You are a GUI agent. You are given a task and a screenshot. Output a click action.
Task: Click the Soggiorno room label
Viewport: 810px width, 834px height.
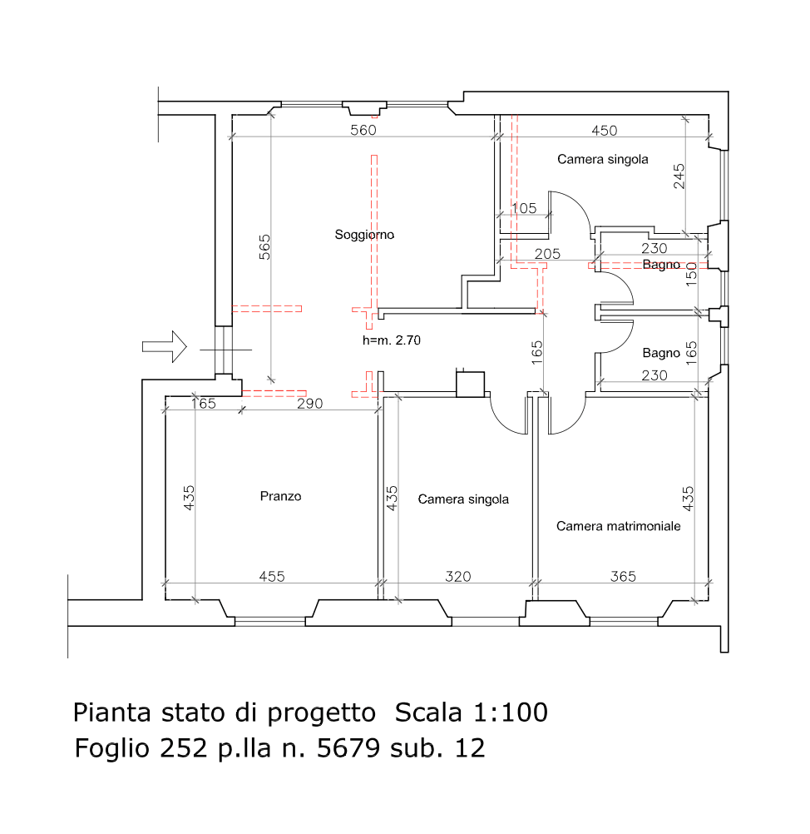(x=364, y=235)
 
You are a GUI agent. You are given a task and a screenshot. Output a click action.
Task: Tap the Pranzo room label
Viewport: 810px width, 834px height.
(x=280, y=496)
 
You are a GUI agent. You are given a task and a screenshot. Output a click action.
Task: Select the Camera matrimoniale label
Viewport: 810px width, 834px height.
(x=618, y=526)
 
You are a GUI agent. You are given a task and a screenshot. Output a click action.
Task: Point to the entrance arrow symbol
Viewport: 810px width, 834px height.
(x=164, y=347)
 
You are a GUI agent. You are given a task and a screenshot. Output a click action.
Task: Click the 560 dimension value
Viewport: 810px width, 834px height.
(x=363, y=131)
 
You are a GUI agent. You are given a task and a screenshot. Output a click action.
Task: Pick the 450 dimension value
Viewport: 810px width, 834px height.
(x=605, y=131)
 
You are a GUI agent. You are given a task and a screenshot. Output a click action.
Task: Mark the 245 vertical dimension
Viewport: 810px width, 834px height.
(x=679, y=176)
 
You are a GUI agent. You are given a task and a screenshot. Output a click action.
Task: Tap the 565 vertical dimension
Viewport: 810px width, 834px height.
(x=264, y=247)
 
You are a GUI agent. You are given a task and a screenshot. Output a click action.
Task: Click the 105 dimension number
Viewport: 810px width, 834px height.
(x=524, y=208)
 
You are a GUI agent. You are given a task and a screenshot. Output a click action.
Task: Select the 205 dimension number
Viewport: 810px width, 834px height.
(x=547, y=254)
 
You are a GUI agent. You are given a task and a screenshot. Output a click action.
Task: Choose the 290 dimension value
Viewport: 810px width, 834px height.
(x=310, y=404)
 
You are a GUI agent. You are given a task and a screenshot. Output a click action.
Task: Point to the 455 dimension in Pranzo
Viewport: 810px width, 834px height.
(x=272, y=577)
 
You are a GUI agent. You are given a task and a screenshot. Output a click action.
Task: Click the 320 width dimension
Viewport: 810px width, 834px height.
(x=457, y=577)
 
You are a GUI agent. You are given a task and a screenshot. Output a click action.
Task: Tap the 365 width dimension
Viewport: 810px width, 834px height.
(x=623, y=577)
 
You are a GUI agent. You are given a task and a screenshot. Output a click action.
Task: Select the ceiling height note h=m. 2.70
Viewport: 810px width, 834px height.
(x=392, y=340)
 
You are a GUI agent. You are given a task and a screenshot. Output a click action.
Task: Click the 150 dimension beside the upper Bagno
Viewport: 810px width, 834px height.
(x=691, y=275)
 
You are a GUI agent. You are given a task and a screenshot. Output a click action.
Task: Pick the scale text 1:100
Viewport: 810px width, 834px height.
(x=511, y=712)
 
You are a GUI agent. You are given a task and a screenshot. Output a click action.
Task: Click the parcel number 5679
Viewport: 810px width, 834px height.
(x=348, y=748)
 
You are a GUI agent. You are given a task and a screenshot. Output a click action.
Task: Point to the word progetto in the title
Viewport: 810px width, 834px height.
(x=321, y=714)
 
